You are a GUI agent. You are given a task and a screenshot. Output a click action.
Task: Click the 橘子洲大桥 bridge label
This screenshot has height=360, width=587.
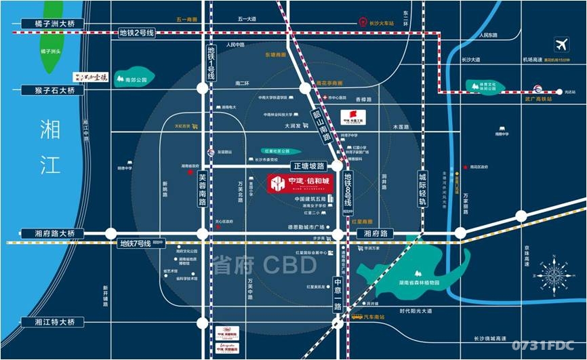tap(49, 24)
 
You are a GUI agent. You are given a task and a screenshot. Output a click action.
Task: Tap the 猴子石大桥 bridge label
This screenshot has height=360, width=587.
tap(49, 89)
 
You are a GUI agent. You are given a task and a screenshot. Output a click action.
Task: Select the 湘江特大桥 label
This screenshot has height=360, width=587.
tap(49, 322)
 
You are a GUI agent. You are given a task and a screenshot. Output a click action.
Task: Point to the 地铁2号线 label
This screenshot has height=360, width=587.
tap(137, 32)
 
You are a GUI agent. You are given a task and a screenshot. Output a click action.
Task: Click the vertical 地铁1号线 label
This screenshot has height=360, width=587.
tap(211, 63)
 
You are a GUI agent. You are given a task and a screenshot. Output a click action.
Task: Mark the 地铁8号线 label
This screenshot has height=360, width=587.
tap(348, 189)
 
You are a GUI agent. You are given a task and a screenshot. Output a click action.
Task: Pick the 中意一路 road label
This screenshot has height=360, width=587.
tap(338, 293)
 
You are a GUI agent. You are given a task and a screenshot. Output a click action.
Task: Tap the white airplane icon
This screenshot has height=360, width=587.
tap(561, 45)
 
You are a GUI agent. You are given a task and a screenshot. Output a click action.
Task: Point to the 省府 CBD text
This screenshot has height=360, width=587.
tap(264, 265)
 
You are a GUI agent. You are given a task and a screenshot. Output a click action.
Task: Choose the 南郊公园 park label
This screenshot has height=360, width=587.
tap(136, 79)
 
